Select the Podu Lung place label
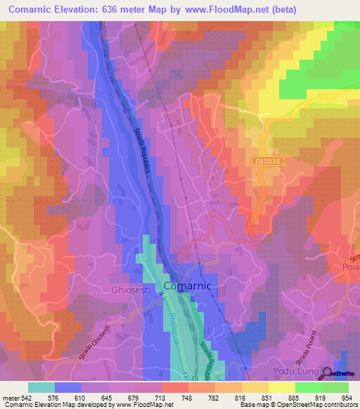tap(295, 370)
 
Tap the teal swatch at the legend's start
tap(41, 387)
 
